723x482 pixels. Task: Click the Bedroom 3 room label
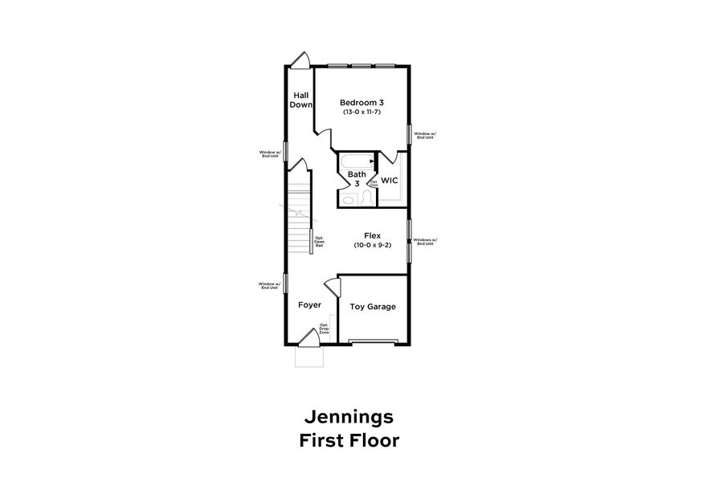point(361,102)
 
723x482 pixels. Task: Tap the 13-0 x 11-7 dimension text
point(361,112)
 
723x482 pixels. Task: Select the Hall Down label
point(301,100)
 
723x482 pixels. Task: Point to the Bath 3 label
point(357,178)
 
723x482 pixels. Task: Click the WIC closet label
point(390,180)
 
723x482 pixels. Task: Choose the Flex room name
point(372,236)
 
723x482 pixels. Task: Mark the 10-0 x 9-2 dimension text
point(372,245)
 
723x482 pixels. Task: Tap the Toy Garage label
point(373,306)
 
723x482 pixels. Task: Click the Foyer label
point(309,305)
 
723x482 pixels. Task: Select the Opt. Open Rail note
point(319,241)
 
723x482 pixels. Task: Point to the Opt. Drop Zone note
point(324,329)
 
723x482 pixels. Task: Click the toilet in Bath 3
point(366,197)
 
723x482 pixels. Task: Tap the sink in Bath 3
point(348,198)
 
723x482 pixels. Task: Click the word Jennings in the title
point(348,417)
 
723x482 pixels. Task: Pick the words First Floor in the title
point(348,440)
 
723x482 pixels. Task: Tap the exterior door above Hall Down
point(301,60)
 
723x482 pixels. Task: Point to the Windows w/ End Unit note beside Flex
point(423,242)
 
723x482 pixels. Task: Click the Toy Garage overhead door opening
point(373,342)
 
